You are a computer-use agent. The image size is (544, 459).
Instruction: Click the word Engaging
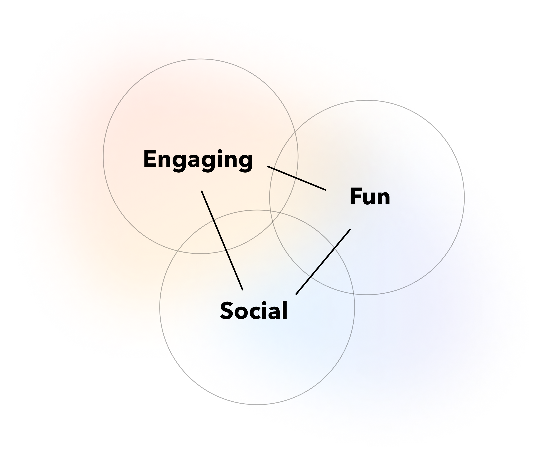(x=198, y=160)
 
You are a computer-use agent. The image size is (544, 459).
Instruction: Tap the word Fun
(x=370, y=197)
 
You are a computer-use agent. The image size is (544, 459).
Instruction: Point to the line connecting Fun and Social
(x=323, y=262)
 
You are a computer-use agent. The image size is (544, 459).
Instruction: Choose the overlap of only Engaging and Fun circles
(x=284, y=182)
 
